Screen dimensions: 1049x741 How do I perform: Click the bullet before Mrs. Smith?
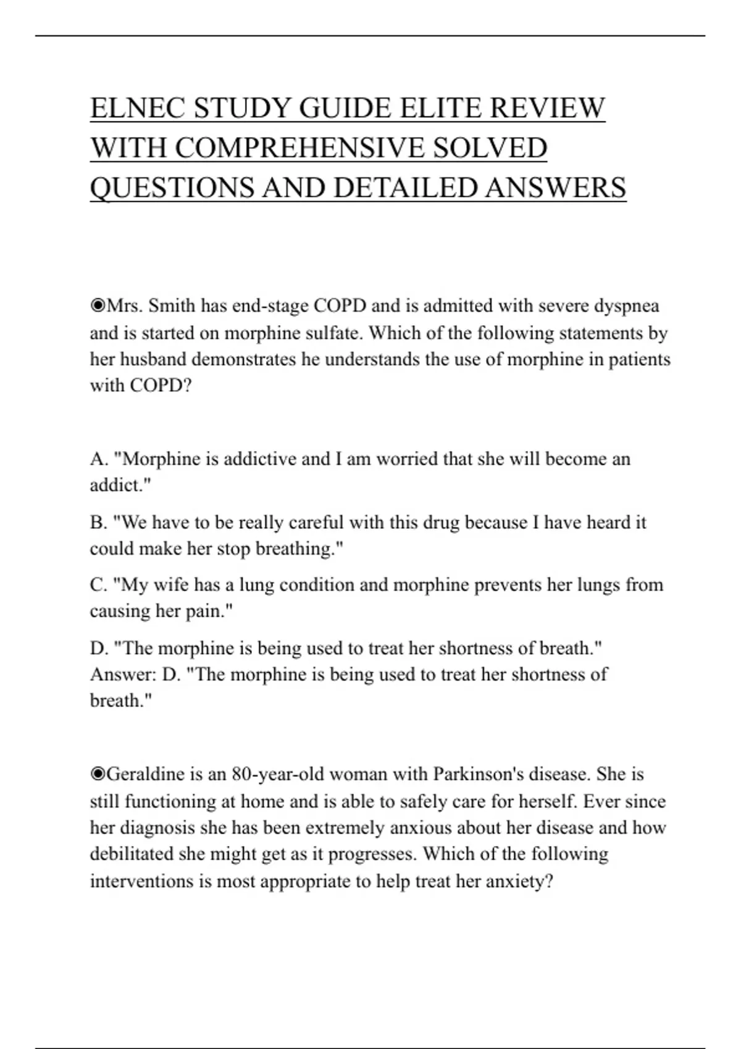tap(98, 305)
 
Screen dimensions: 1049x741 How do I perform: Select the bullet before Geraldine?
tap(98, 774)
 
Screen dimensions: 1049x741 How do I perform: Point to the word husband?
tap(153, 359)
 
